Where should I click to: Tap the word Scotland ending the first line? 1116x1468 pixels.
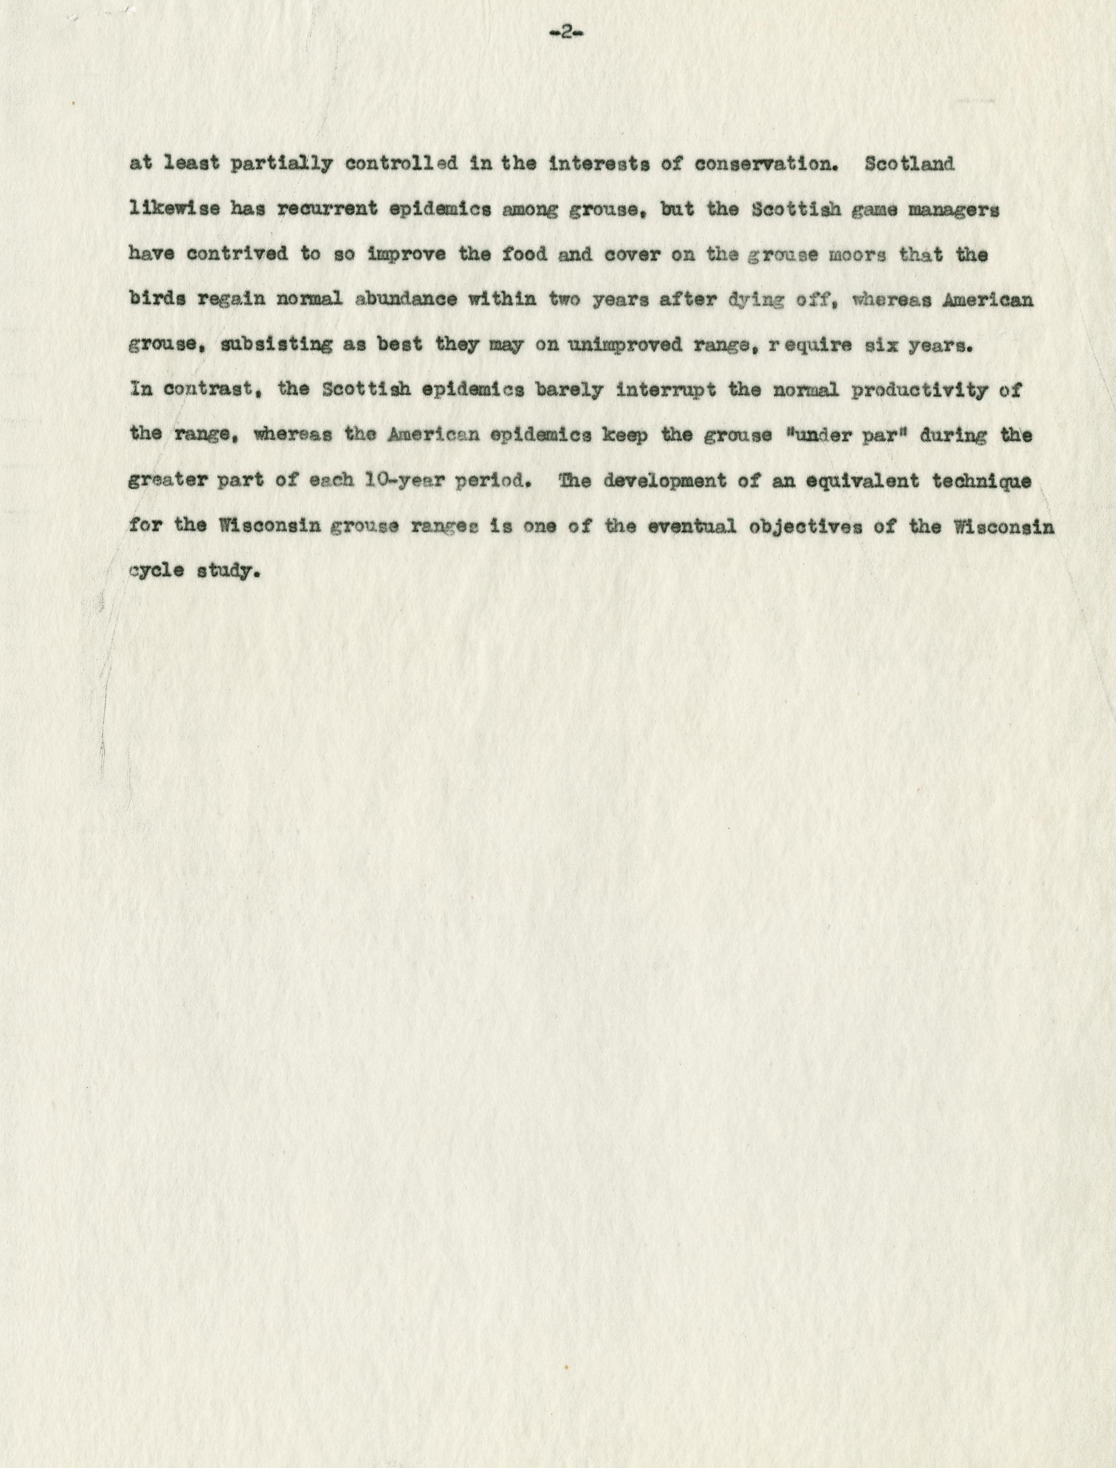click(x=909, y=164)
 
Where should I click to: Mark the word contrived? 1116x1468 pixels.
click(x=237, y=255)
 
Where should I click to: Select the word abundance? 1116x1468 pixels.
click(x=406, y=300)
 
